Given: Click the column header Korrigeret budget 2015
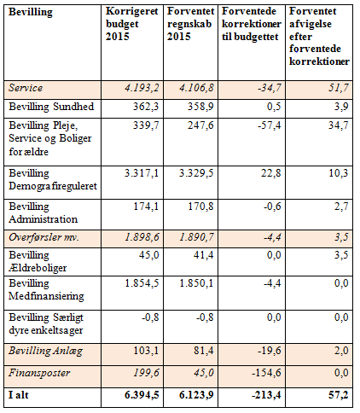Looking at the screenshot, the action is (x=131, y=24).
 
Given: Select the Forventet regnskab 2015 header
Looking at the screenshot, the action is (x=190, y=24).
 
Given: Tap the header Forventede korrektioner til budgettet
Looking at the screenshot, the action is (x=252, y=24).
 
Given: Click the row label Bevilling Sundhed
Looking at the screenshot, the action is (x=51, y=107).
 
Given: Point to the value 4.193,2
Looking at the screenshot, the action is (x=142, y=88).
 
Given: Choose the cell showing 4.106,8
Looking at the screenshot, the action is (x=196, y=88).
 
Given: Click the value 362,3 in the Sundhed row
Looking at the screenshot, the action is (x=146, y=107).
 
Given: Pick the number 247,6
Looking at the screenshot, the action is (x=200, y=125).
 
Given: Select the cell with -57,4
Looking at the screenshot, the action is (x=270, y=125).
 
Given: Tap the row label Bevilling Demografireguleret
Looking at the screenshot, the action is (x=53, y=179).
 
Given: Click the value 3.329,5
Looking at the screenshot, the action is (x=196, y=173).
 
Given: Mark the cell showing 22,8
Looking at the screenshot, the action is (x=271, y=173).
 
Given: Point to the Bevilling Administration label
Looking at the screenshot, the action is (x=43, y=212).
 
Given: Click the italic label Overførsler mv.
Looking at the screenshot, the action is (x=44, y=237).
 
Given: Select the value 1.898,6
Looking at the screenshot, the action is (x=142, y=237).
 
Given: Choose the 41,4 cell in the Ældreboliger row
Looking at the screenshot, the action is (x=204, y=255).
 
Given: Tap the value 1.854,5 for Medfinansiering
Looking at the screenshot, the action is (x=142, y=283).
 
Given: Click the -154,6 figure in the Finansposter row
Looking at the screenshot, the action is (x=266, y=373).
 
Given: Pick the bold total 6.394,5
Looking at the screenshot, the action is (x=142, y=395).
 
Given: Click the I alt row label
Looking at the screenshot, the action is (x=19, y=395).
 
